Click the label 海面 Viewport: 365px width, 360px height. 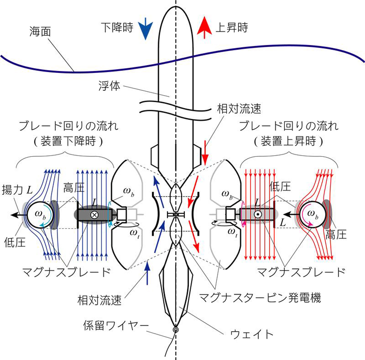coord(40,31)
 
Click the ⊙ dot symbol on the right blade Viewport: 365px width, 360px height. coord(257,214)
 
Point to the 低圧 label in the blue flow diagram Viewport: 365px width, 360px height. coord(15,241)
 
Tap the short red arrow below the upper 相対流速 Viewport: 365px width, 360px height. coord(205,154)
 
